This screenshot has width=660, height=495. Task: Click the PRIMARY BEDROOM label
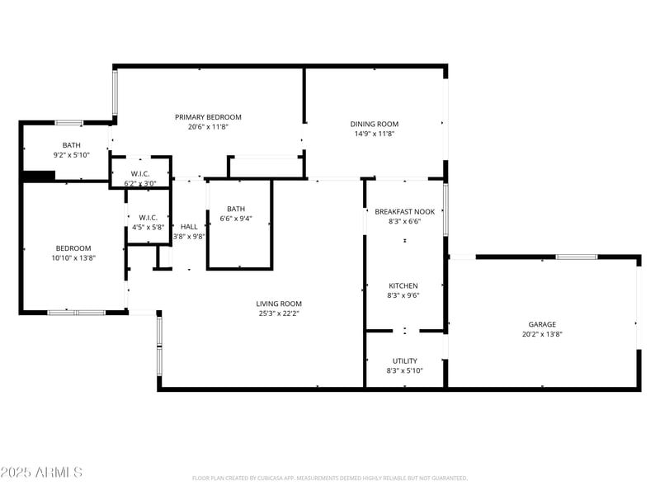point(208,117)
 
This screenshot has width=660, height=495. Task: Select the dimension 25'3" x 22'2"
point(279,313)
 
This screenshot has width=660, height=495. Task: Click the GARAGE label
point(542,324)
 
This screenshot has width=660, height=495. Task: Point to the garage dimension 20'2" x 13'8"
point(542,334)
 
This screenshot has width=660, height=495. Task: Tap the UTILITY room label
point(404,361)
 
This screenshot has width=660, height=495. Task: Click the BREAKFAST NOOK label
point(404,211)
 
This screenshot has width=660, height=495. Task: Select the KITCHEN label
point(403,285)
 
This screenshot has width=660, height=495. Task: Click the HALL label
point(189,226)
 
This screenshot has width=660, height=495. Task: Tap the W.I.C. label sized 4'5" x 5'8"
point(148,217)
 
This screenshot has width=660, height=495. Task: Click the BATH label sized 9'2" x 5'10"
point(72,145)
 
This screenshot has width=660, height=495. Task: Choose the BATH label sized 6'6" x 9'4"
point(236,209)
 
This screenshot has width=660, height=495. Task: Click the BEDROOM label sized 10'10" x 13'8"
point(73,247)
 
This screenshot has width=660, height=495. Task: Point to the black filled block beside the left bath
point(38,176)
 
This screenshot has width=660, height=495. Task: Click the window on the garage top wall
point(576,257)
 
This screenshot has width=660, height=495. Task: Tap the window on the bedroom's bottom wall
point(76,313)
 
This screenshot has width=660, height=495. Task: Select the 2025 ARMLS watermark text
point(41,472)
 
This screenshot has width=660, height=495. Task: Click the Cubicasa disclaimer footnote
point(330,478)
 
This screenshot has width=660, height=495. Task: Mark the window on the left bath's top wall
point(68,123)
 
